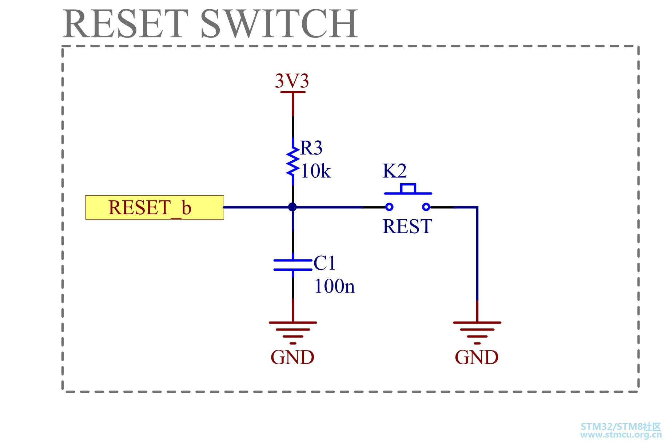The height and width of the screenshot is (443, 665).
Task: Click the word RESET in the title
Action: [x=126, y=24]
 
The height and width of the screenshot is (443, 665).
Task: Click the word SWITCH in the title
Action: [x=279, y=24]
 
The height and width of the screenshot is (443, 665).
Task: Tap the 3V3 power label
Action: [x=292, y=81]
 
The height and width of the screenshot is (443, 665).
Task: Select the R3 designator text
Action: [x=311, y=148]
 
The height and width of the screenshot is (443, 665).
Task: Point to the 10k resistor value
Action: [x=316, y=171]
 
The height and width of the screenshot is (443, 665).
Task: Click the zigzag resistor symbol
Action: [x=292, y=162]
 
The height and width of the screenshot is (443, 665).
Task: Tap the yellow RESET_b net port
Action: [x=155, y=207]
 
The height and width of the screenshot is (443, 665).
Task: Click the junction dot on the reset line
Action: [x=292, y=207]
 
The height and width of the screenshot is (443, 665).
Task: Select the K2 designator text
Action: [x=395, y=171]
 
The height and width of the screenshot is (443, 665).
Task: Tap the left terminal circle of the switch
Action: [x=389, y=207]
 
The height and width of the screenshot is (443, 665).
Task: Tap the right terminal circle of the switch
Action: [x=426, y=207]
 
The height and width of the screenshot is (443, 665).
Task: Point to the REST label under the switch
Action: [x=407, y=226]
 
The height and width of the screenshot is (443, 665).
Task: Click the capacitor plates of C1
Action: [x=293, y=265]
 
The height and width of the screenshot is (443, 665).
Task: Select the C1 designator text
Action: [x=324, y=263]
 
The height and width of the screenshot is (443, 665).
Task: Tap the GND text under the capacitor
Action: [x=292, y=357]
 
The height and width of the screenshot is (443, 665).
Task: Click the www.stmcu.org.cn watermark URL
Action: [x=621, y=435]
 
